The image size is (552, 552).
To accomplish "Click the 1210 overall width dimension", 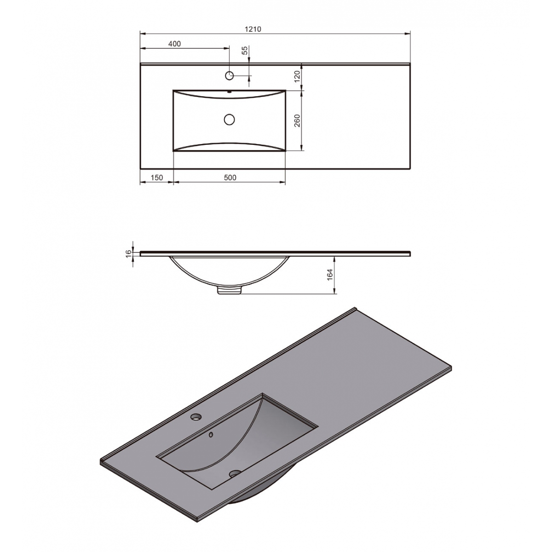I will coord(253,29).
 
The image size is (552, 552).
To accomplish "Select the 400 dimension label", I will coord(174,44).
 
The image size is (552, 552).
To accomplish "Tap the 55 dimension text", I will coord(245,51).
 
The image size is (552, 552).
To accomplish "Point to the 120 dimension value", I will coord(297,76).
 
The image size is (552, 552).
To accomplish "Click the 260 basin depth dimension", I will coord(297,121).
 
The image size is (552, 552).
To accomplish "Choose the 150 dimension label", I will coord(157,178).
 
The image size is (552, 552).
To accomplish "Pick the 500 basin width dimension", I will coord(230,178).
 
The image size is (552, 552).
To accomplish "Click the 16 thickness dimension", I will coord(128,253).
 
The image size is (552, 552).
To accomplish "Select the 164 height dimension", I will coord(329,275).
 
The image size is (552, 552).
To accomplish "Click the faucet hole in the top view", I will coord(229,75).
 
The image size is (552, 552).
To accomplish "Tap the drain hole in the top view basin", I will coord(229,120).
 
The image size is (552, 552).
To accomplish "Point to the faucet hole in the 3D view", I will coord(196,417).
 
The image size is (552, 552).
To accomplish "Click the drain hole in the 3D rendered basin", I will coord(236,472).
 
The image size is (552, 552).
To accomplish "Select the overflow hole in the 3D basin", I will coord(211,434).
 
